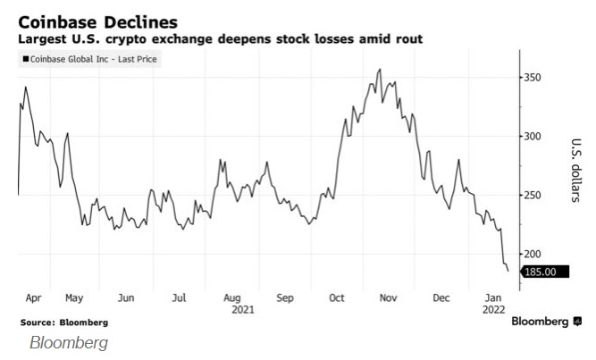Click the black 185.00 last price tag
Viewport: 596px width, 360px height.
coord(539,271)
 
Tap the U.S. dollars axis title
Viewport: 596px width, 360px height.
coord(576,169)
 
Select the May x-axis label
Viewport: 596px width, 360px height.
coord(75,297)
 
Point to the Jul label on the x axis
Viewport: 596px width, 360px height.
coord(179,297)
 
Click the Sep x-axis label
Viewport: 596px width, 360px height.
coord(285,297)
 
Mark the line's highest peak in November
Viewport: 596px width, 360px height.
coord(382,69)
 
